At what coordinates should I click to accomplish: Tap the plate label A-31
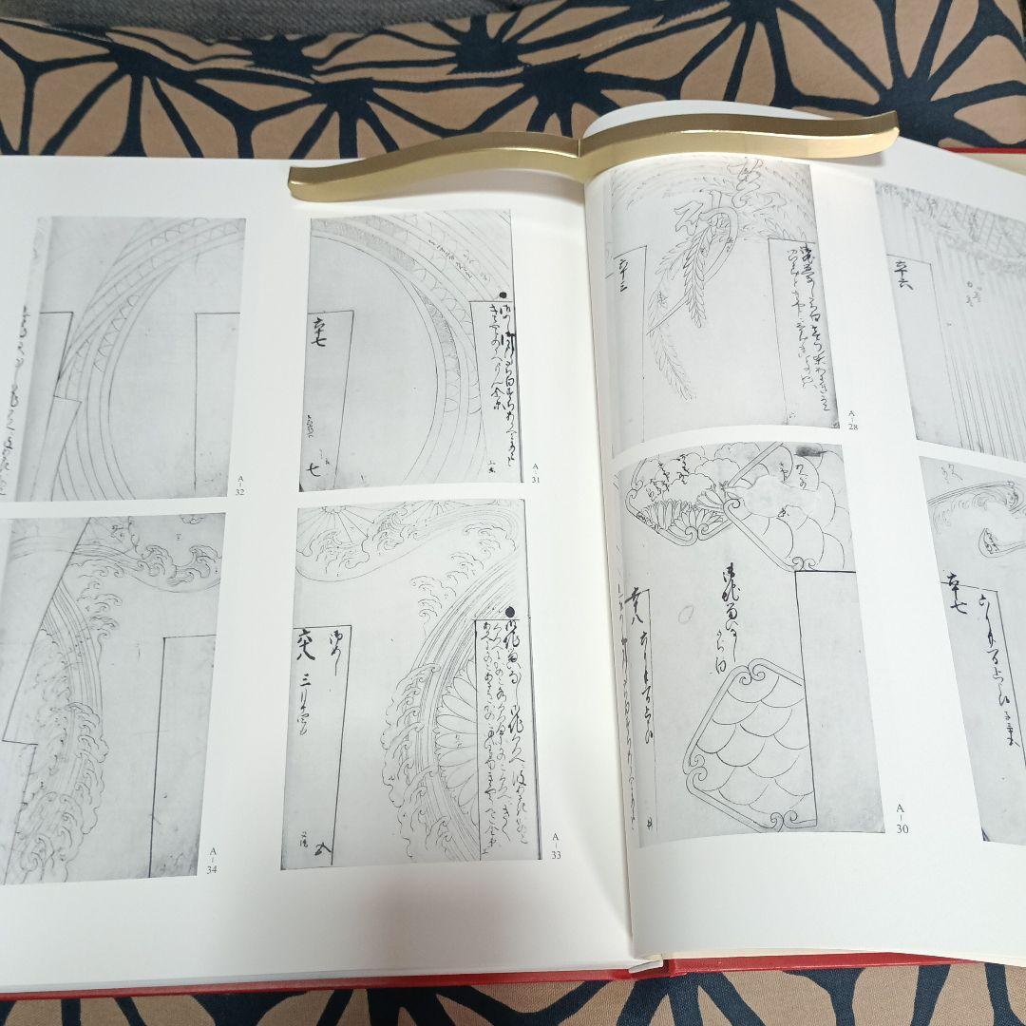pyautogui.click(x=536, y=471)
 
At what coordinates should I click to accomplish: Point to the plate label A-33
pyautogui.click(x=556, y=845)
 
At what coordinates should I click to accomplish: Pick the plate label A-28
pyautogui.click(x=852, y=420)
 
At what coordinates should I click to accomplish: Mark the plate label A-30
pyautogui.click(x=902, y=818)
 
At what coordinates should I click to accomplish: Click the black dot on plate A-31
pyautogui.click(x=503, y=296)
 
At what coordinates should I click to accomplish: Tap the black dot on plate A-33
pyautogui.click(x=510, y=613)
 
